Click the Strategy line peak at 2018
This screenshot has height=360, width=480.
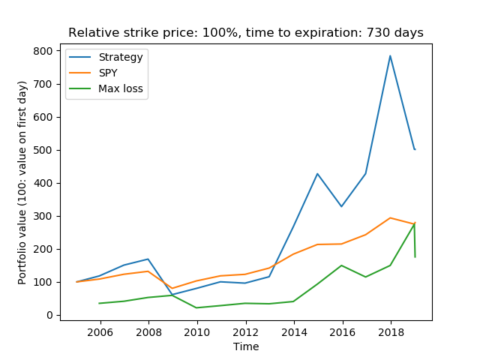pyautogui.click(x=390, y=55)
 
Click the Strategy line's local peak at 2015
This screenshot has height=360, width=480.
pyautogui.click(x=317, y=174)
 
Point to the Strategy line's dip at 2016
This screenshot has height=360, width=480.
pyautogui.click(x=341, y=206)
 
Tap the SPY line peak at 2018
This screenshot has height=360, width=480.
pyautogui.click(x=390, y=218)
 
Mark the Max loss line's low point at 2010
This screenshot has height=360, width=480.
pyautogui.click(x=196, y=307)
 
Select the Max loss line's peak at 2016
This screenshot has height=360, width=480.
pyautogui.click(x=341, y=265)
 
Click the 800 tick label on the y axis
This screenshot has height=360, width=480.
pyautogui.click(x=43, y=51)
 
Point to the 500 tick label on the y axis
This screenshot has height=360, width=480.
pyautogui.click(x=43, y=150)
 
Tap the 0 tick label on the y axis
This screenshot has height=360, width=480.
pyautogui.click(x=49, y=315)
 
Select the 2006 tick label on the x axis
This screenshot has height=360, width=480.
pyautogui.click(x=100, y=331)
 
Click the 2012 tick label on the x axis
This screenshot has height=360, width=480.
pyautogui.click(x=245, y=331)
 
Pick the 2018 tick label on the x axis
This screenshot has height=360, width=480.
pyautogui.click(x=390, y=331)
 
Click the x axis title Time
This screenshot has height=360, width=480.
pyautogui.click(x=245, y=346)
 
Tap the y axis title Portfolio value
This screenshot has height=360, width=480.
pyautogui.click(x=22, y=182)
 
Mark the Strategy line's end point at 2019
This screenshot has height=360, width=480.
pyautogui.click(x=414, y=149)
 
